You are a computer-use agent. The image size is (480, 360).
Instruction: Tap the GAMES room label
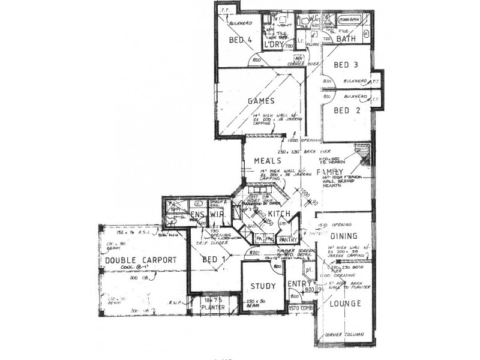[x=261, y=101]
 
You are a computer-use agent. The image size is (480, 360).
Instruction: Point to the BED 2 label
[x=346, y=110]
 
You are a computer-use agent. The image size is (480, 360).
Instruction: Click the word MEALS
[x=268, y=161]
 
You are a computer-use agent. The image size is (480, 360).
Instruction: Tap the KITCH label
[x=279, y=214]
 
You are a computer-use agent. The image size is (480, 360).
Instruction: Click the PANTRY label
[x=287, y=239]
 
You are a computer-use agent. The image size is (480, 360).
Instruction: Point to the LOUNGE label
[x=345, y=304]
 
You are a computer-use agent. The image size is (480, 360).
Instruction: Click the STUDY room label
[x=263, y=286]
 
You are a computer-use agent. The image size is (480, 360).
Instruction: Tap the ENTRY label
[x=298, y=284]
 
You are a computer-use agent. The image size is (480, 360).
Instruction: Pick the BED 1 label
[x=214, y=259]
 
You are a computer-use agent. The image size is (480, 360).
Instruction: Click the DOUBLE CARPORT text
[x=141, y=260]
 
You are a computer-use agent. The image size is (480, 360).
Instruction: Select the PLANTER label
[x=213, y=307]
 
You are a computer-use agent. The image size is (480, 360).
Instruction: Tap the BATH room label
[x=346, y=38]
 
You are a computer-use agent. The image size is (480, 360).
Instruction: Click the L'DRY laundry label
[x=274, y=46]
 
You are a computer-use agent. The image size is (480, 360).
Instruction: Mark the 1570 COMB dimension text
[x=301, y=308]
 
